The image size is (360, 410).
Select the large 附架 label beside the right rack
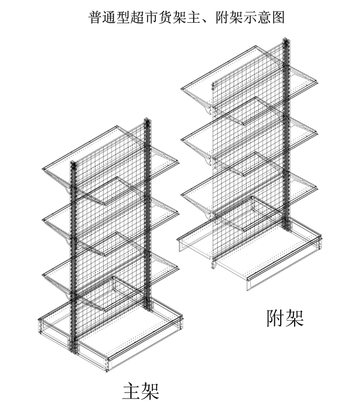coord(284,317)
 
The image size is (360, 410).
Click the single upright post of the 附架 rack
coord(286,138)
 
